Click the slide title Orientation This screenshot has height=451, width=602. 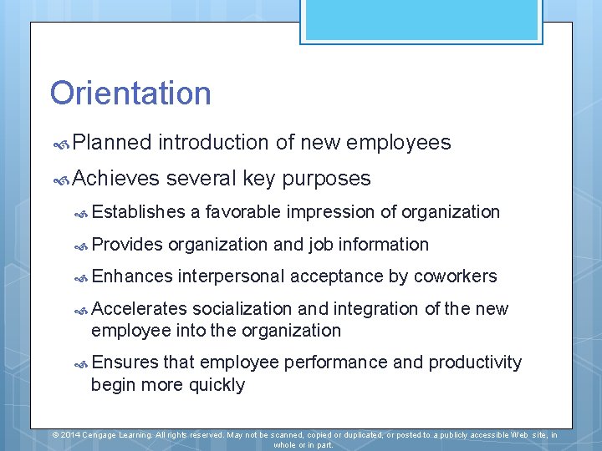click(130, 93)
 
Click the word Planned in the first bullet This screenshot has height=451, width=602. click(112, 143)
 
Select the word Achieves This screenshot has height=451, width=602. click(115, 178)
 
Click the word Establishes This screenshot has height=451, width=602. click(138, 212)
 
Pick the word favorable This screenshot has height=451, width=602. click(243, 212)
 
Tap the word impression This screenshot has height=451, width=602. click(331, 212)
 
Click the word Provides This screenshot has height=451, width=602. click(127, 245)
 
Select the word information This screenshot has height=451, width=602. click(381, 245)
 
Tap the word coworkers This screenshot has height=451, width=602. click(455, 276)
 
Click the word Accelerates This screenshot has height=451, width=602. click(139, 309)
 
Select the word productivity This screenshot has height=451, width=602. click(475, 362)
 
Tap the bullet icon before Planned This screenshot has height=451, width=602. click(60, 144)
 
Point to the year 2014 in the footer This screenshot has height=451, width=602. click(70, 435)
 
